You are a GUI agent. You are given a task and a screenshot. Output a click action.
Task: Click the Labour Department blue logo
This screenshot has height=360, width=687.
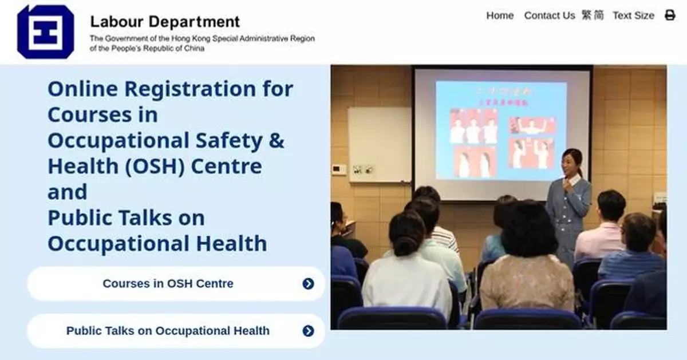pos(46,32)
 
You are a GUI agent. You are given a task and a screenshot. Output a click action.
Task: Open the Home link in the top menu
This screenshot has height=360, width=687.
pos(500,15)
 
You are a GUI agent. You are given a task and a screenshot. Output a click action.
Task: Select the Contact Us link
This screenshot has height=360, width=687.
pos(549,15)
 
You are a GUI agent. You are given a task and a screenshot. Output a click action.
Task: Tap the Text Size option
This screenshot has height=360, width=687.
pos(633,15)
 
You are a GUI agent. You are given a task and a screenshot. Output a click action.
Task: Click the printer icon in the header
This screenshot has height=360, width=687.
pos(670,15)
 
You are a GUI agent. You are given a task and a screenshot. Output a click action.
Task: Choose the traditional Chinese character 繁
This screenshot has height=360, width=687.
pos(587,15)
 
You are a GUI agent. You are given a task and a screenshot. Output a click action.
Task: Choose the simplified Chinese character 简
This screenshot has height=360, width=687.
pos(598,15)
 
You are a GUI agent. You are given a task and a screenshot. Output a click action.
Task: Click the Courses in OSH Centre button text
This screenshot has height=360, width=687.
pos(168,283)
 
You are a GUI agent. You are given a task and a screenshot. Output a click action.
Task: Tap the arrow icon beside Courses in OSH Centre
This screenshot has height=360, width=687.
pos(309,283)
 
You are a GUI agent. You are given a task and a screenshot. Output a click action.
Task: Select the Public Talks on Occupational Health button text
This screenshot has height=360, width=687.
pos(168,331)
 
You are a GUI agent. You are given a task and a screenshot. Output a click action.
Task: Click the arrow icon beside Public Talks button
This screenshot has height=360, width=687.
pos(309,331)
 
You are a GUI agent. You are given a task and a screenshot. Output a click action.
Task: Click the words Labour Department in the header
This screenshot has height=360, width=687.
pos(165,22)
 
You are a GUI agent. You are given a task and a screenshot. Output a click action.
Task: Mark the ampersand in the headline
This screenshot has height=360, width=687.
pos(276,140)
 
